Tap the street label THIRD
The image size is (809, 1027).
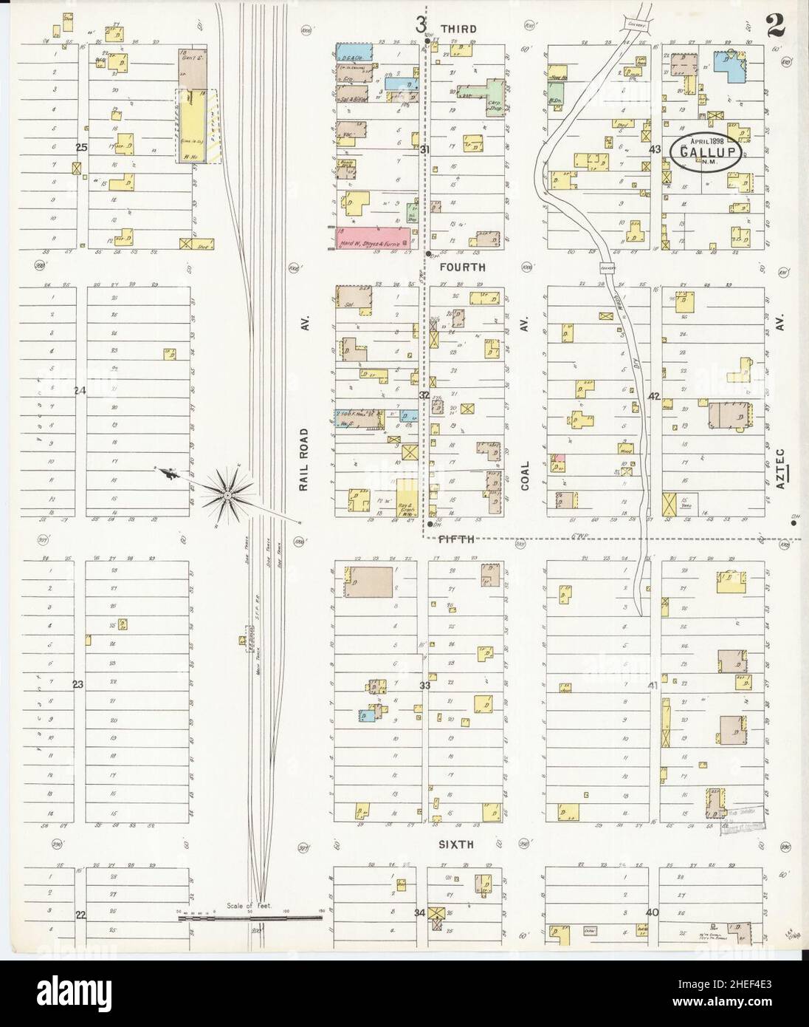click(x=458, y=28)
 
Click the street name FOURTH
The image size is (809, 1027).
click(x=462, y=267)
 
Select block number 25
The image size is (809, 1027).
click(x=81, y=148)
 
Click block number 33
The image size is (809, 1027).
click(x=424, y=686)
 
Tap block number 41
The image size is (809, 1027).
click(x=653, y=686)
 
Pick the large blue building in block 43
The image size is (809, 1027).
click(x=730, y=66)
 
